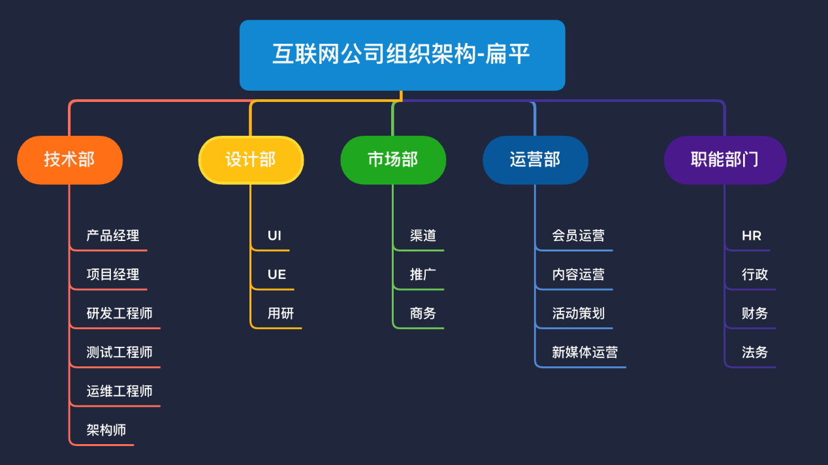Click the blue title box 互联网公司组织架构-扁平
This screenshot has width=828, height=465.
click(x=402, y=55)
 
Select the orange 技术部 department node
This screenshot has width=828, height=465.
click(x=70, y=159)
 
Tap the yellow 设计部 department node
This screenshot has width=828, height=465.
click(x=251, y=159)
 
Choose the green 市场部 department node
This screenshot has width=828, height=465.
click(x=393, y=159)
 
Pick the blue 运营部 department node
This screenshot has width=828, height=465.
click(x=535, y=159)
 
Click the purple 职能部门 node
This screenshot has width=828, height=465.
click(x=725, y=159)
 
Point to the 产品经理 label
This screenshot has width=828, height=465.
click(x=113, y=236)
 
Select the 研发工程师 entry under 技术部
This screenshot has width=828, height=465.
click(x=119, y=313)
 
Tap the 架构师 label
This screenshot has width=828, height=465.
click(x=106, y=430)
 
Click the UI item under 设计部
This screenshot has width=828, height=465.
click(x=274, y=236)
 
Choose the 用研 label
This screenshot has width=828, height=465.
click(x=281, y=313)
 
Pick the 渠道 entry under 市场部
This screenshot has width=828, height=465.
click(x=423, y=236)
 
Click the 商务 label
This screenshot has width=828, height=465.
click(x=423, y=313)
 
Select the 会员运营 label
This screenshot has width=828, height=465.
click(x=579, y=236)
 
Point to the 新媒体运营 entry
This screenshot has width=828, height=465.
click(x=585, y=353)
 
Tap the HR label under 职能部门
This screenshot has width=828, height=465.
click(x=752, y=236)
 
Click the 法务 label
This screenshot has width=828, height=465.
click(x=755, y=353)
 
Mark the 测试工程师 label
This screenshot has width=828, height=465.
click(x=119, y=353)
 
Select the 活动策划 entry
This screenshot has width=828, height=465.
click(x=579, y=313)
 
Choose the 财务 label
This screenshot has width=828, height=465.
click(x=755, y=313)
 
